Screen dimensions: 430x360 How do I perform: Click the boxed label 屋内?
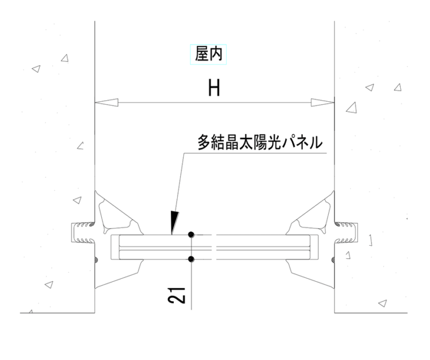pyautogui.click(x=209, y=54)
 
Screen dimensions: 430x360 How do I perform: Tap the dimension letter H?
pyautogui.click(x=214, y=88)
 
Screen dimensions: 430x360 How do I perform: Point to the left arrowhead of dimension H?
pyautogui.click(x=106, y=102)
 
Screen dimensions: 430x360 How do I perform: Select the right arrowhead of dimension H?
pyautogui.click(x=323, y=102)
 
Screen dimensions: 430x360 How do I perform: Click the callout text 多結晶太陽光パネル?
pyautogui.click(x=260, y=142)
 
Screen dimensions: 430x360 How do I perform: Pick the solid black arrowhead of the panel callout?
pyautogui.click(x=174, y=223)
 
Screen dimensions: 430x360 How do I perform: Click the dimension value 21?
pyautogui.click(x=176, y=295)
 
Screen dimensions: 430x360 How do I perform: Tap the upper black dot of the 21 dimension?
pyautogui.click(x=191, y=235)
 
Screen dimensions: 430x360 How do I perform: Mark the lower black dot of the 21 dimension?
pyautogui.click(x=192, y=259)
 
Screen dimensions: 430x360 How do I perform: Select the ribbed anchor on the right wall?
pyautogui.click(x=346, y=233)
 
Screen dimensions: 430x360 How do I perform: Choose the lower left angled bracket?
pyautogui.click(x=118, y=274)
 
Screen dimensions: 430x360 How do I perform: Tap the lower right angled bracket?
pyautogui.click(x=311, y=274)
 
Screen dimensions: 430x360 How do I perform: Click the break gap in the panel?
pyautogui.click(x=214, y=247)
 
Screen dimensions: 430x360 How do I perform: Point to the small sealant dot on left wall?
pyautogui.click(x=96, y=259)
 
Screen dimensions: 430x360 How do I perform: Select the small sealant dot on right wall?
pyautogui.click(x=333, y=259)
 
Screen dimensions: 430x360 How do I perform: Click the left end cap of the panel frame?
pyautogui.click(x=115, y=247)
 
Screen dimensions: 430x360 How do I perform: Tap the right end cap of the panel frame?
pyautogui.click(x=314, y=247)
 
